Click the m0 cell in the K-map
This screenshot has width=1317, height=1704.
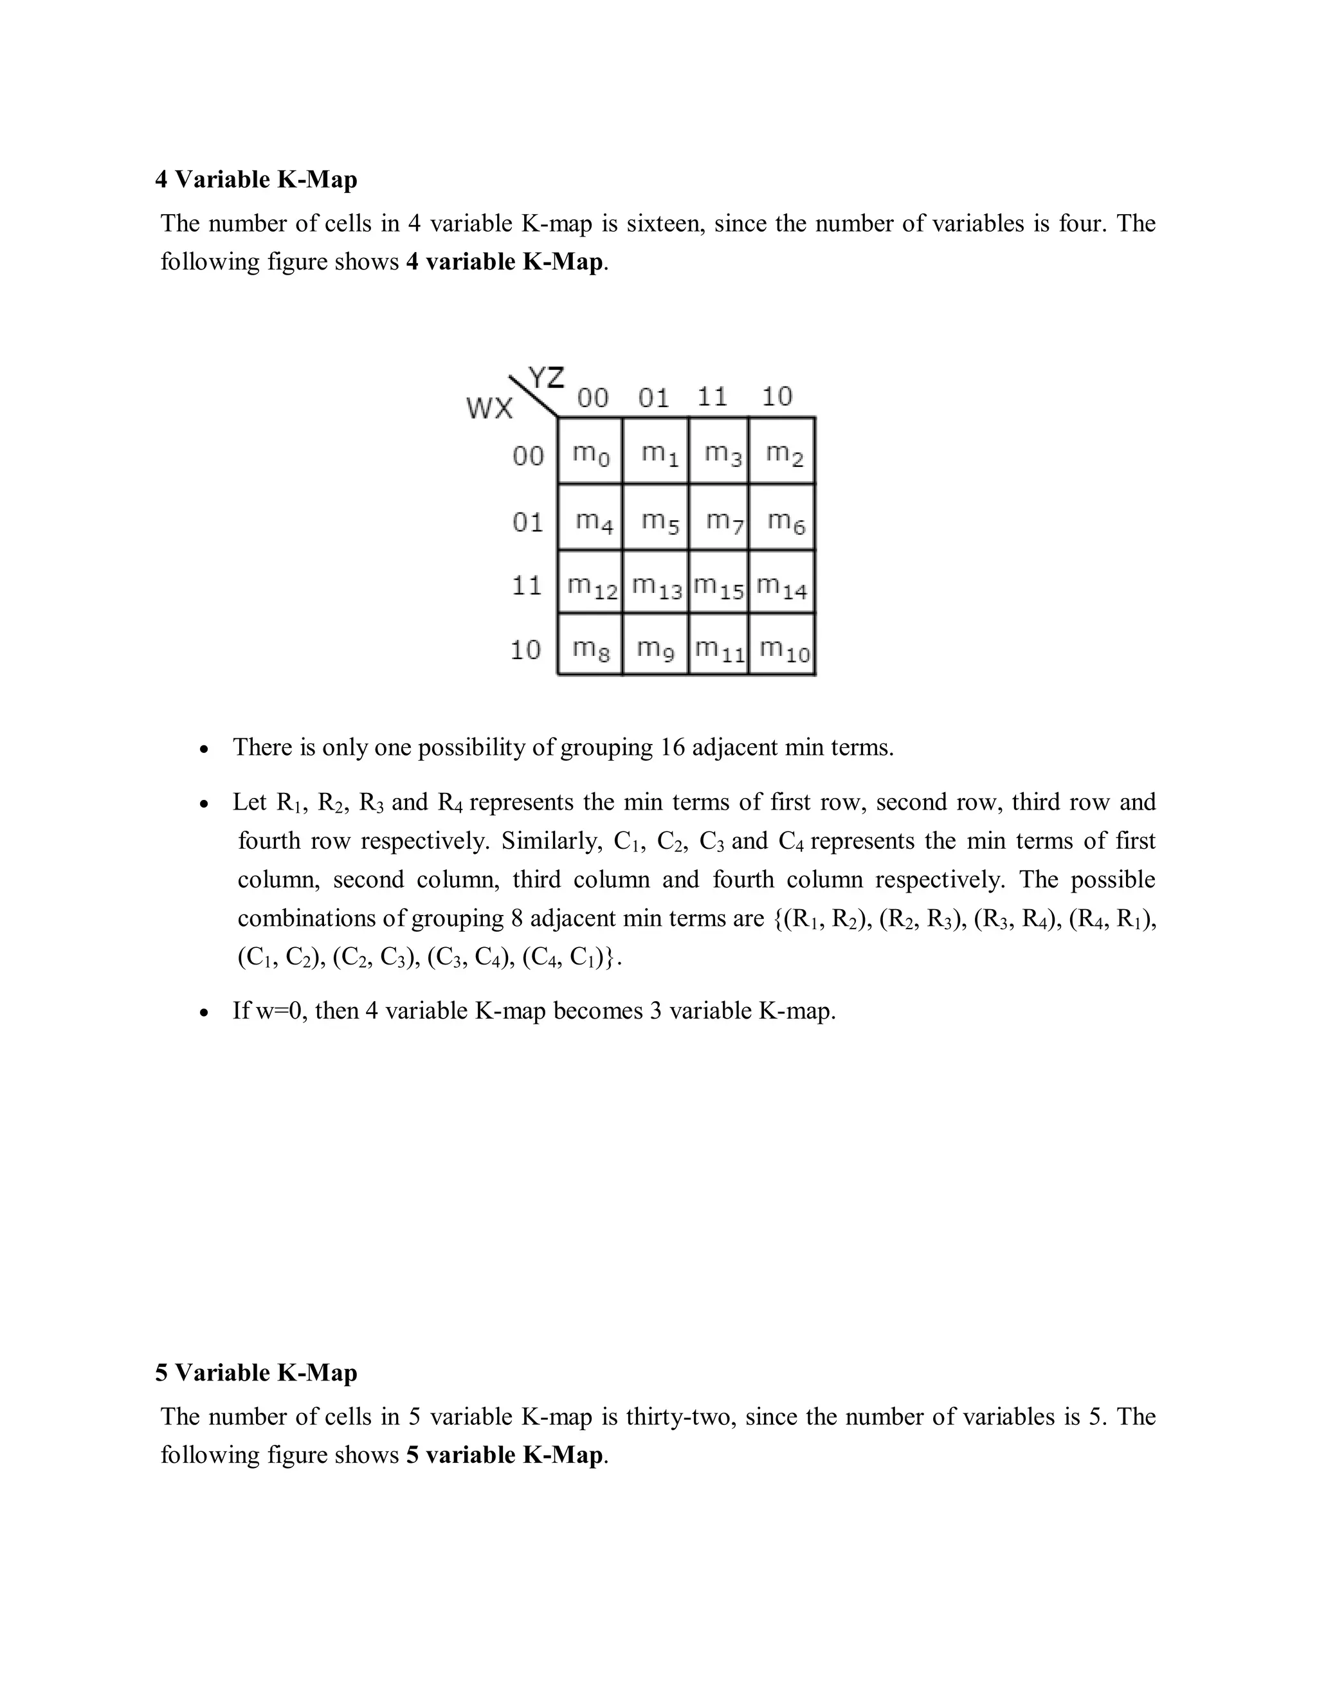point(590,453)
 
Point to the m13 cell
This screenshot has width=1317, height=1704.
point(656,585)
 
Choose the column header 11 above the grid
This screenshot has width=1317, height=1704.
point(712,397)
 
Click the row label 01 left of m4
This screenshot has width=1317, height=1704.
point(527,521)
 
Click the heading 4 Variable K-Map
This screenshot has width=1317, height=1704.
point(256,179)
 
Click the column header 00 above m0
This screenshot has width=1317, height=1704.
point(592,398)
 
